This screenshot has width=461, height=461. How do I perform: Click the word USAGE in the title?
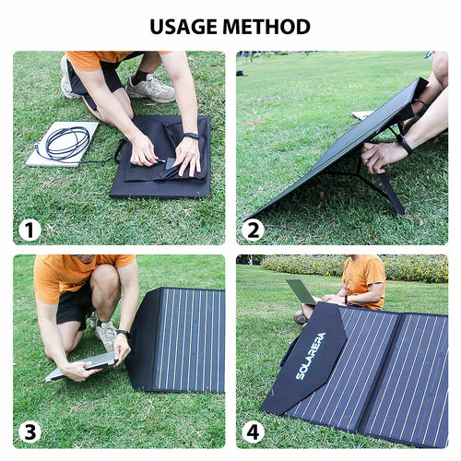(184, 27)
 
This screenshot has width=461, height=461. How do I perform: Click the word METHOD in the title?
(266, 27)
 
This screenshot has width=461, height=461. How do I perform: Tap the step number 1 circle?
(30, 230)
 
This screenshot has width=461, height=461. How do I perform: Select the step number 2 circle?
(253, 230)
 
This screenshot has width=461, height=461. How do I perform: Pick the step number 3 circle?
(30, 432)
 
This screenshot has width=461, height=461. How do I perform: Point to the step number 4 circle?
(253, 432)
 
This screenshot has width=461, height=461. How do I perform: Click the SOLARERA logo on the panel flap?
(311, 356)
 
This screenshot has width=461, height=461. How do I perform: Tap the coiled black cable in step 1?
(67, 143)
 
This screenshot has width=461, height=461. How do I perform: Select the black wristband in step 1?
(191, 136)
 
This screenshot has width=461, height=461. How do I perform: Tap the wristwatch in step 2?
(405, 145)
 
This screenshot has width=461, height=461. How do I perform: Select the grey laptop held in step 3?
(81, 366)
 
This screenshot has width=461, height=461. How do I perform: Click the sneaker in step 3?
(104, 334)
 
